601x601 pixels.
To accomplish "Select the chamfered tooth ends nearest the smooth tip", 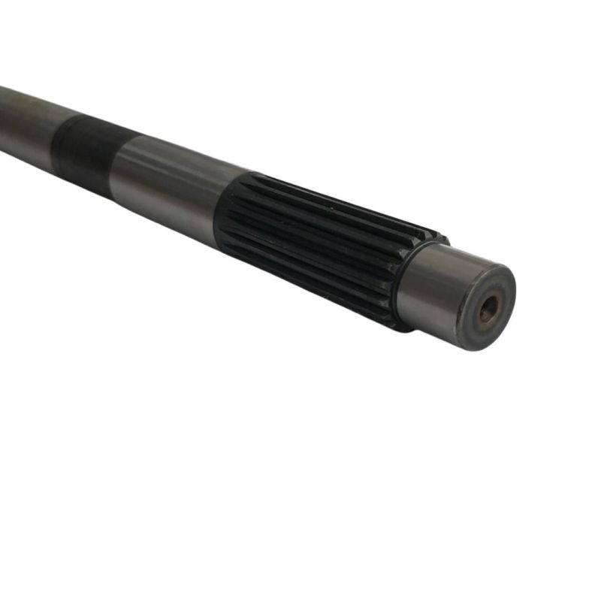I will [x=391, y=278].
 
